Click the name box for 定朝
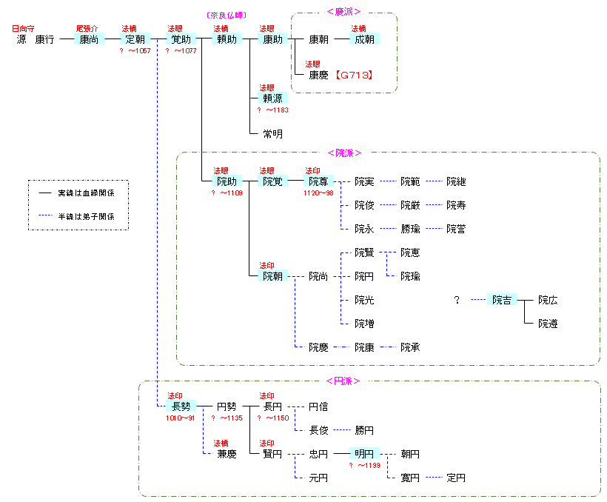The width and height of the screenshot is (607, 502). (x=135, y=39)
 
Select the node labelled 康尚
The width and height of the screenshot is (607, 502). (x=90, y=39)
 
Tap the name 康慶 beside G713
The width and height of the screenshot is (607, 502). (x=318, y=75)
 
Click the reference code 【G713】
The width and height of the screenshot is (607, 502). (x=352, y=75)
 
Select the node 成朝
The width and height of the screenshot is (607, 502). (x=364, y=39)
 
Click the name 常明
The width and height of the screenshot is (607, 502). (x=272, y=134)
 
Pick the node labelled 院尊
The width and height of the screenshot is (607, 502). (x=318, y=181)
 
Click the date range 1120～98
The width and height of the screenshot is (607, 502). (x=318, y=193)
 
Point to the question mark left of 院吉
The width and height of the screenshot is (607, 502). (x=457, y=300)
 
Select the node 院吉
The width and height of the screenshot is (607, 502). (x=502, y=300)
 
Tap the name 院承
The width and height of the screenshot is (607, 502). (x=410, y=347)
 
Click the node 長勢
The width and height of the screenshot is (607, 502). (x=181, y=406)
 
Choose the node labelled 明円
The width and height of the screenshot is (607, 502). (x=364, y=454)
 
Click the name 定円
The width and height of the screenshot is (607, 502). (x=456, y=478)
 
